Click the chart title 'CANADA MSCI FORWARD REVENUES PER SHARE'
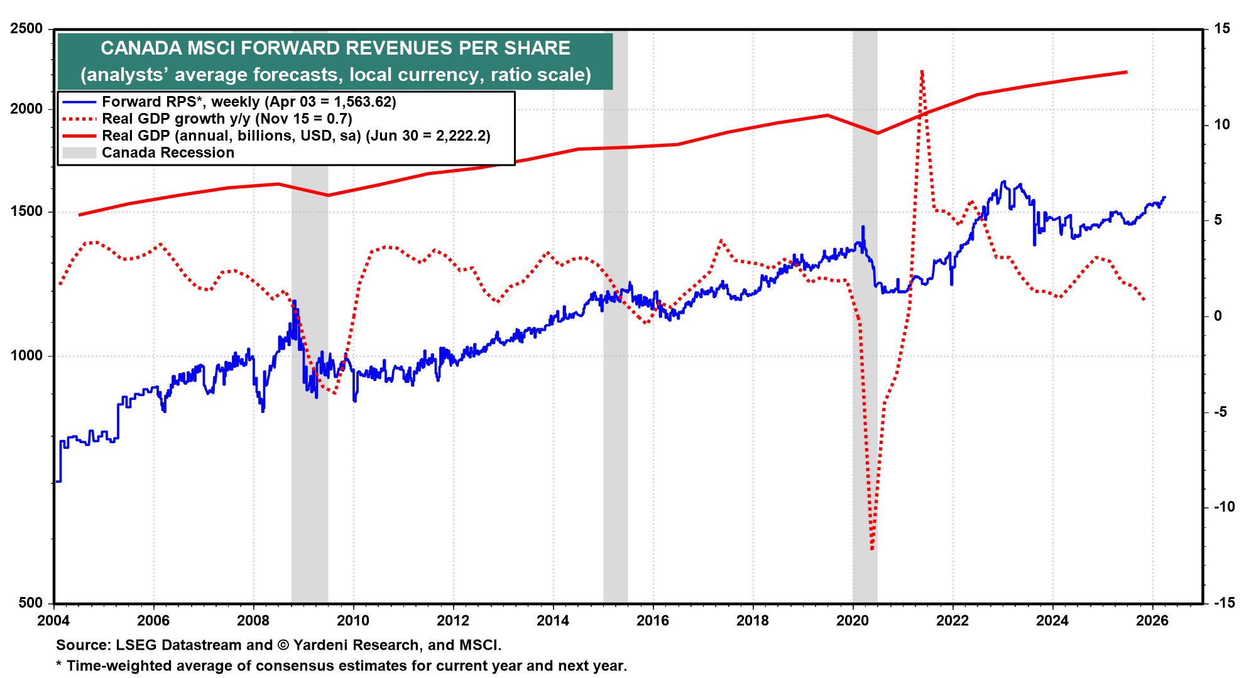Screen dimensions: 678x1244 pos(336,48)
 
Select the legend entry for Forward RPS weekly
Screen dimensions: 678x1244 pos(249,102)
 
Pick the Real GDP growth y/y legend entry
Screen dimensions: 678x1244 pos(227,119)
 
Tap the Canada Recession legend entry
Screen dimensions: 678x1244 pos(168,153)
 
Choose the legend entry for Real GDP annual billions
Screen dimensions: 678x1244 pos(296,136)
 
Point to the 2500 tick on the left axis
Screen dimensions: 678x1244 pos(26,28)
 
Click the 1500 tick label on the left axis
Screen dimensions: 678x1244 pos(26,212)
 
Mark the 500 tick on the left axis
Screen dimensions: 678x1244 pos(30,603)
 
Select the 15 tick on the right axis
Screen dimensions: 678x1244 pos(1222,28)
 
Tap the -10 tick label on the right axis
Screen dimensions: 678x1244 pos(1224,507)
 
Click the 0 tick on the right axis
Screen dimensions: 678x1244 pos(1218,316)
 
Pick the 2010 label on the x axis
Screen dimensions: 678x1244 pos(353,621)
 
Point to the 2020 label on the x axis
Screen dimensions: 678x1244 pos(853,621)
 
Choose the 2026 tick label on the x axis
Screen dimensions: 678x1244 pos(1152,621)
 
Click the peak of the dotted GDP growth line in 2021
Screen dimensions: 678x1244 pos(922,72)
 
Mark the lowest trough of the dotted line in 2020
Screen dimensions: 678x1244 pos(872,549)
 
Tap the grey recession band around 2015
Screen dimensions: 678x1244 pos(616,377)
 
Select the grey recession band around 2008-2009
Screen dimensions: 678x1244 pos(310,439)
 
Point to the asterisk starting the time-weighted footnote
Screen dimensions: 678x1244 pos(59,665)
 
